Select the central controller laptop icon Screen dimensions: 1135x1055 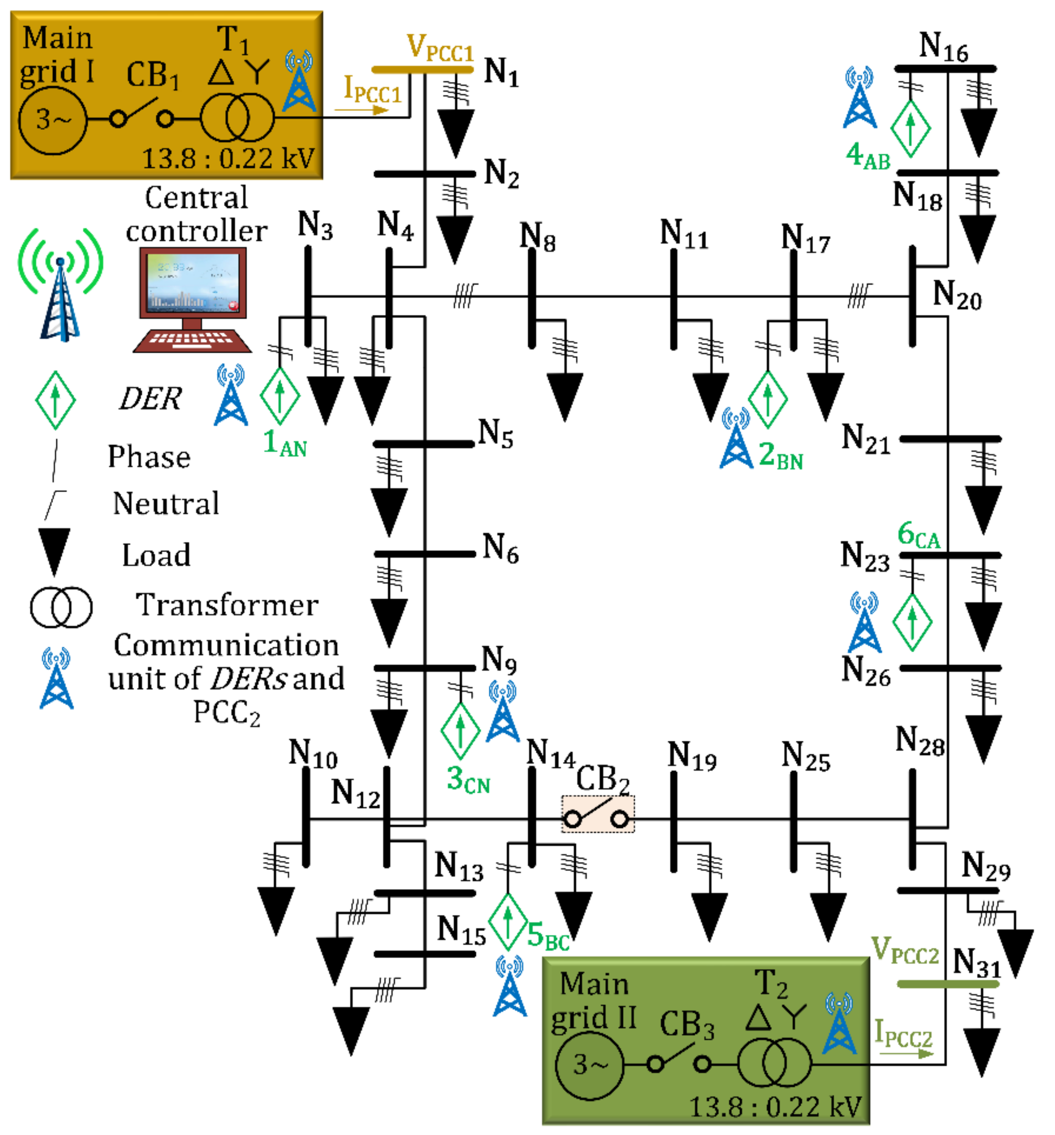[192, 300]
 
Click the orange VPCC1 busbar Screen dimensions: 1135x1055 [422, 69]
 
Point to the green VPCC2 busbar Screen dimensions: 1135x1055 [948, 984]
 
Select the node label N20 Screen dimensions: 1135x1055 [956, 295]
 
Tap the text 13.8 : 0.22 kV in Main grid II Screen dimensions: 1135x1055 [775, 1107]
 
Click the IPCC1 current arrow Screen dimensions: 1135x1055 [361, 108]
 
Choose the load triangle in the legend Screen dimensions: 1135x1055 [54, 549]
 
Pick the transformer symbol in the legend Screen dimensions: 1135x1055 [61, 607]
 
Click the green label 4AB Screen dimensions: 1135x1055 [867, 155]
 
